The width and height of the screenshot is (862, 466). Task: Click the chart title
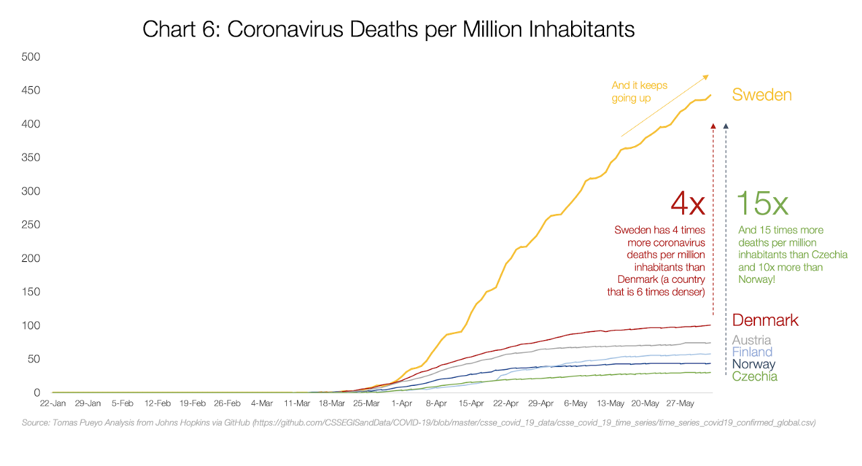(389, 30)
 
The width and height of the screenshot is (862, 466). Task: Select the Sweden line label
(762, 95)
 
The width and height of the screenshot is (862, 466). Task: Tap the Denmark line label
(765, 320)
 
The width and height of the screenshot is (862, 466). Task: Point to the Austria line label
(752, 340)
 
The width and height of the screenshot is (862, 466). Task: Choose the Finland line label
(752, 352)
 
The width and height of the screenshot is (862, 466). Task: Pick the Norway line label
(754, 364)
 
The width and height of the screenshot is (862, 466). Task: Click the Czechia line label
(754, 376)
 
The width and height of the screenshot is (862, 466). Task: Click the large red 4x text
(688, 203)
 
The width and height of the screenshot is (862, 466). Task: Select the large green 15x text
(762, 203)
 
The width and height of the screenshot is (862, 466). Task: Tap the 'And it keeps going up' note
(639, 92)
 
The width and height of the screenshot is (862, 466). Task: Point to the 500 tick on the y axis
(32, 57)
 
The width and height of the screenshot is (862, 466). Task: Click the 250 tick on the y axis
(32, 225)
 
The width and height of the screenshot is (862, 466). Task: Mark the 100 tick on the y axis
(32, 326)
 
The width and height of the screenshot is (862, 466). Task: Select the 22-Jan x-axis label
(53, 404)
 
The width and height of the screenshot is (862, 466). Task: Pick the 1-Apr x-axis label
(401, 404)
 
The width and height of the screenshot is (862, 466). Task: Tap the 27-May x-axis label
(680, 404)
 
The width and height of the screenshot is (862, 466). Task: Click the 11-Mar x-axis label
(296, 404)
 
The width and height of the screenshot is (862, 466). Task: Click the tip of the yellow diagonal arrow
(708, 75)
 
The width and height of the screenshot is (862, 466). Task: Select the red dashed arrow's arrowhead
(713, 126)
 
